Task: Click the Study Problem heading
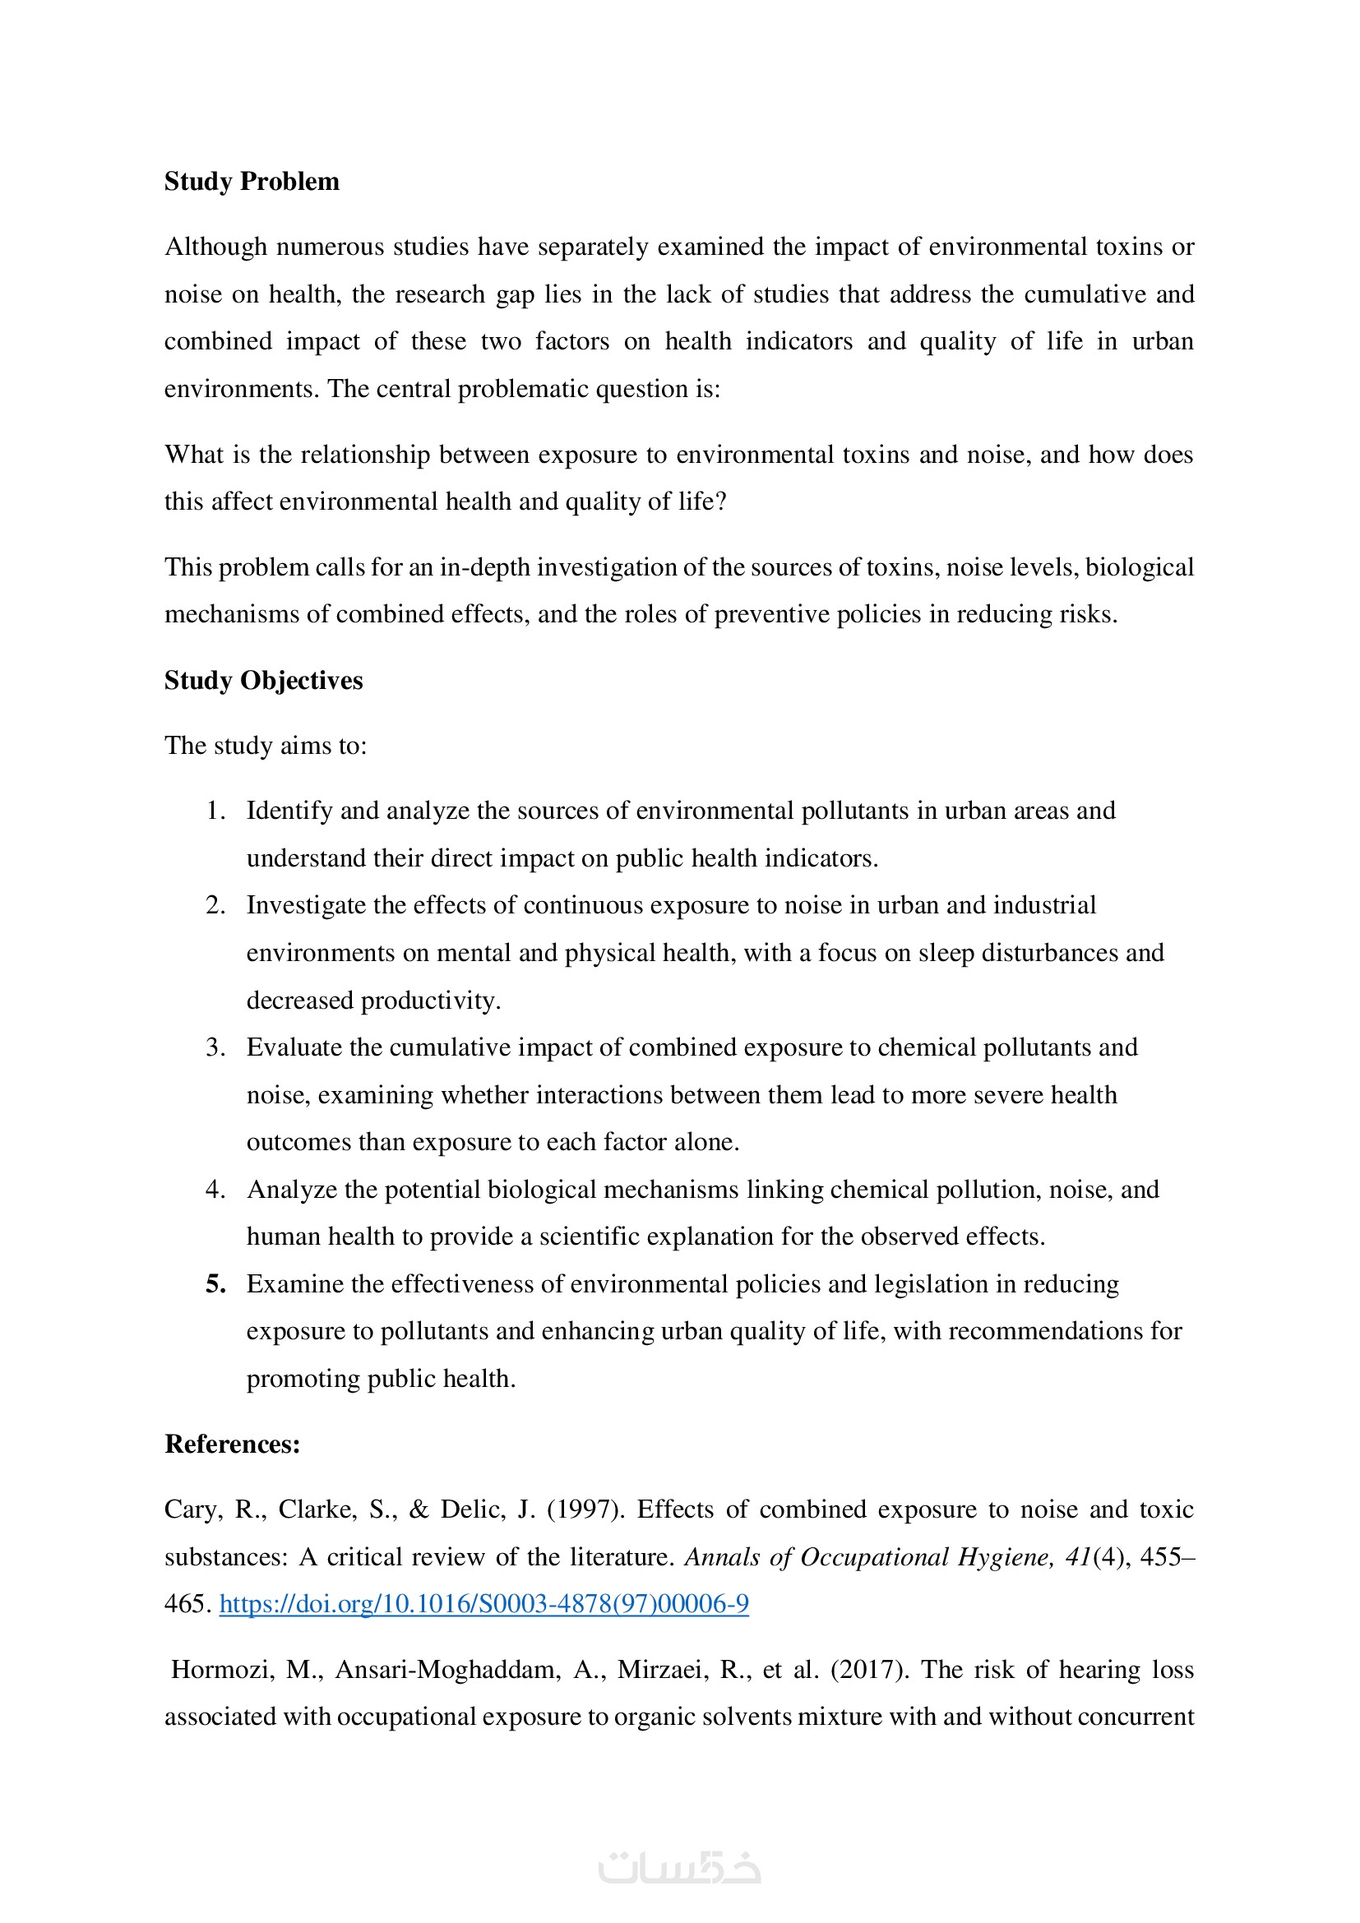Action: point(252,182)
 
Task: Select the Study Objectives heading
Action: point(263,680)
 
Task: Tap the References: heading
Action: point(232,1444)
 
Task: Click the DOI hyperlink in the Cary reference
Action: point(484,1603)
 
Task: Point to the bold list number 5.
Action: point(216,1284)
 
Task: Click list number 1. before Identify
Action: point(216,811)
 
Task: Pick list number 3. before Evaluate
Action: point(216,1047)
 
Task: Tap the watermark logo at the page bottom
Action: point(679,1867)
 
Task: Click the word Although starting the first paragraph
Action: point(215,247)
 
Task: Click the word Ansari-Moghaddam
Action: point(448,1669)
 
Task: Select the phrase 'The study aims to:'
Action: point(266,746)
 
